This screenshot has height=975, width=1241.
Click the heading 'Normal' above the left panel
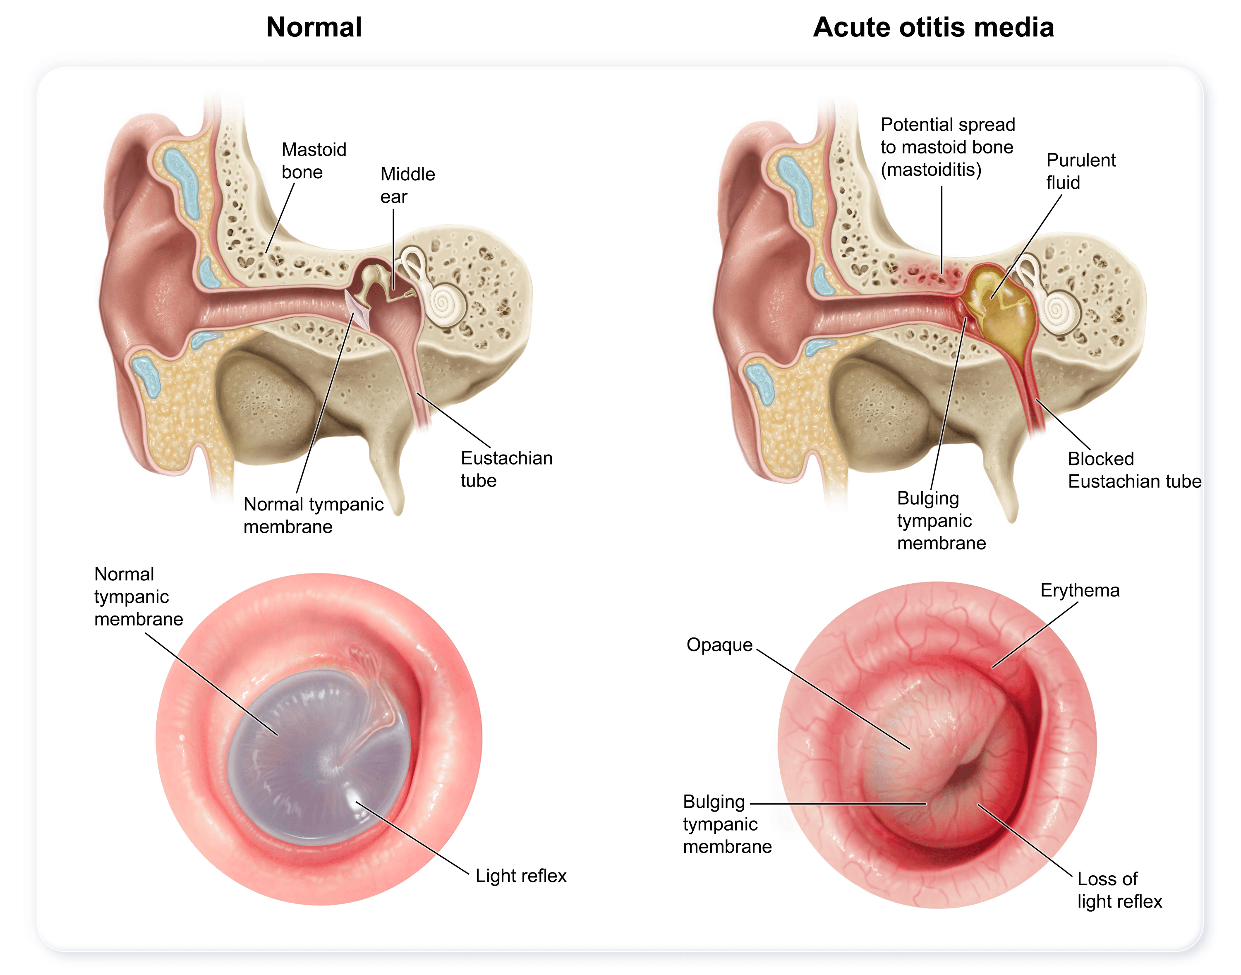pyautogui.click(x=314, y=27)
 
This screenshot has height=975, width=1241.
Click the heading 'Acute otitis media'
pyautogui.click(x=933, y=27)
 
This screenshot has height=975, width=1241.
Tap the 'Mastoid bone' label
pyautogui.click(x=314, y=161)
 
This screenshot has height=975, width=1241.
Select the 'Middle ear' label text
pyautogui.click(x=407, y=185)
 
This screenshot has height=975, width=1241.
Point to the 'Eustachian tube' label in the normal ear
pyautogui.click(x=506, y=469)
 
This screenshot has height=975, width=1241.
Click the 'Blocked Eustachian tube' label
pyautogui.click(x=1134, y=470)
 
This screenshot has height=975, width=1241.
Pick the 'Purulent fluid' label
pyautogui.click(x=1080, y=171)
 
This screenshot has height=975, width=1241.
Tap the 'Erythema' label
pyautogui.click(x=1079, y=590)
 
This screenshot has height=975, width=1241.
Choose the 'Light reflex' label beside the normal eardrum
pyautogui.click(x=521, y=876)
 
